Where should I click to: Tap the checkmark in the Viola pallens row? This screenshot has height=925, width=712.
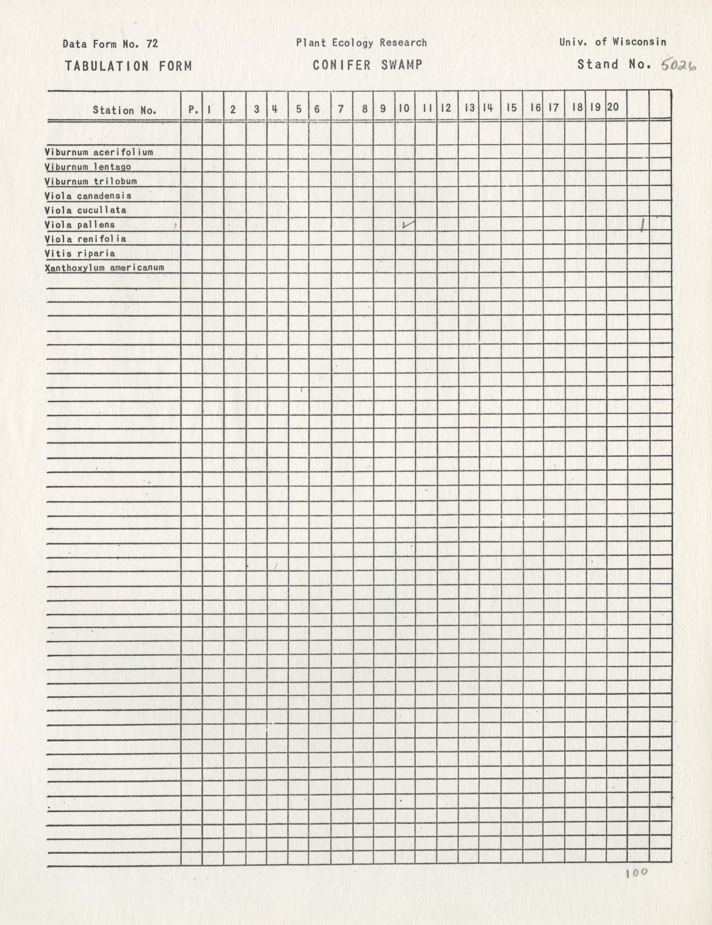click(x=409, y=225)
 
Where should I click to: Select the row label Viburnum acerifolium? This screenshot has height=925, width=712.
click(x=99, y=152)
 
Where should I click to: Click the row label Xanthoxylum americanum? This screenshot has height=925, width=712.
click(x=104, y=268)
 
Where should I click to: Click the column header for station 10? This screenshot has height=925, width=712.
click(x=404, y=108)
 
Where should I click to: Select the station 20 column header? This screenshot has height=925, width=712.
click(x=612, y=107)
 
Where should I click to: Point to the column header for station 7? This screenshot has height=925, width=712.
click(x=341, y=109)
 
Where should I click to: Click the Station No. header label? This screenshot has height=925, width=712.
click(x=125, y=111)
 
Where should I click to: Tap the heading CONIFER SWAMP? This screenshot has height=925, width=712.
click(x=368, y=65)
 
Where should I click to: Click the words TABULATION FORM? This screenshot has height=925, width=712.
click(x=128, y=66)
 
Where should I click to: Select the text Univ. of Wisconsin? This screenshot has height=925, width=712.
click(x=612, y=42)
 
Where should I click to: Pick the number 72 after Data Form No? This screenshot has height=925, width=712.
click(x=152, y=43)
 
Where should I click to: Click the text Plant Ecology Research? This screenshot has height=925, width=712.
click(x=361, y=43)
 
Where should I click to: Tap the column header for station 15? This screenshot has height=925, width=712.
click(x=511, y=108)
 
